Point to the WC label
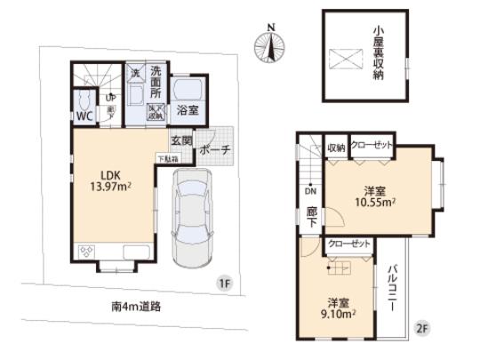click(x=82, y=116)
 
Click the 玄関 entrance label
click(x=181, y=140)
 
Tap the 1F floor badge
click(x=226, y=283)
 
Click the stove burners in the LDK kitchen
click(x=86, y=252)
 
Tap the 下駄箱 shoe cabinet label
click(x=167, y=159)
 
